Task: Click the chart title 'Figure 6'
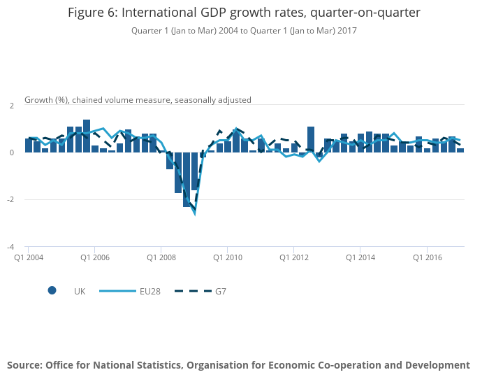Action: coord(245,13)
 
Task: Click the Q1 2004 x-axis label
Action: coord(29,257)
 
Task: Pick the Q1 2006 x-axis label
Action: coord(95,257)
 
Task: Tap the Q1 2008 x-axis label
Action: coord(161,257)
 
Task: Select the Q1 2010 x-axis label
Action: coord(228,257)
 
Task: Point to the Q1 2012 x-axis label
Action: coord(293,257)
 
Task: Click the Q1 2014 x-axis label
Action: coord(360,257)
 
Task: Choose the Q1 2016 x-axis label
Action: coord(426,257)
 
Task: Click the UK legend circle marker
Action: coord(52,291)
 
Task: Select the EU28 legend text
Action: coord(151,291)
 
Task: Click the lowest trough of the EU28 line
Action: coord(195,213)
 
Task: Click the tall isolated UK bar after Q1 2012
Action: coord(311,139)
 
